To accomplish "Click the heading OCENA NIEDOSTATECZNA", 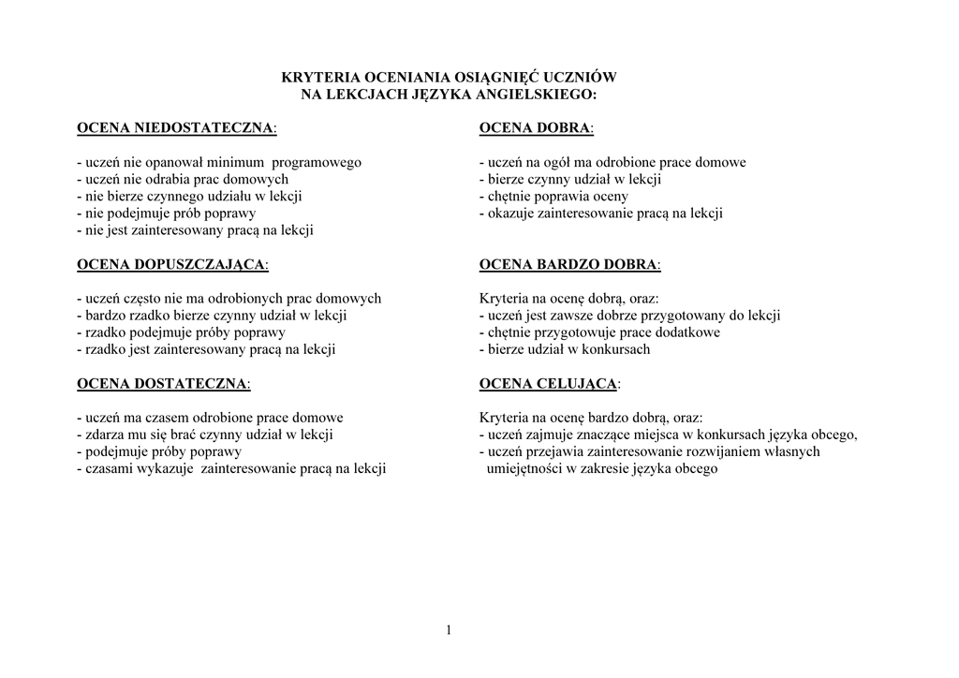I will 177,127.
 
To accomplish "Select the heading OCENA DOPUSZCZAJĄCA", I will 172,264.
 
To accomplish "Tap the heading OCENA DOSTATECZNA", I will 163,383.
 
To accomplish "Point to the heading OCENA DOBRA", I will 537,127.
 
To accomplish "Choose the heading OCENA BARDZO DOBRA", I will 569,264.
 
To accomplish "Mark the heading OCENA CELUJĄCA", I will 549,383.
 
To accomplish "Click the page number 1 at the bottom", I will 449,630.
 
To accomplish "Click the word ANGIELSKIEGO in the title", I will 544,95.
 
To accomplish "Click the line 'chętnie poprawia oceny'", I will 556,196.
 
